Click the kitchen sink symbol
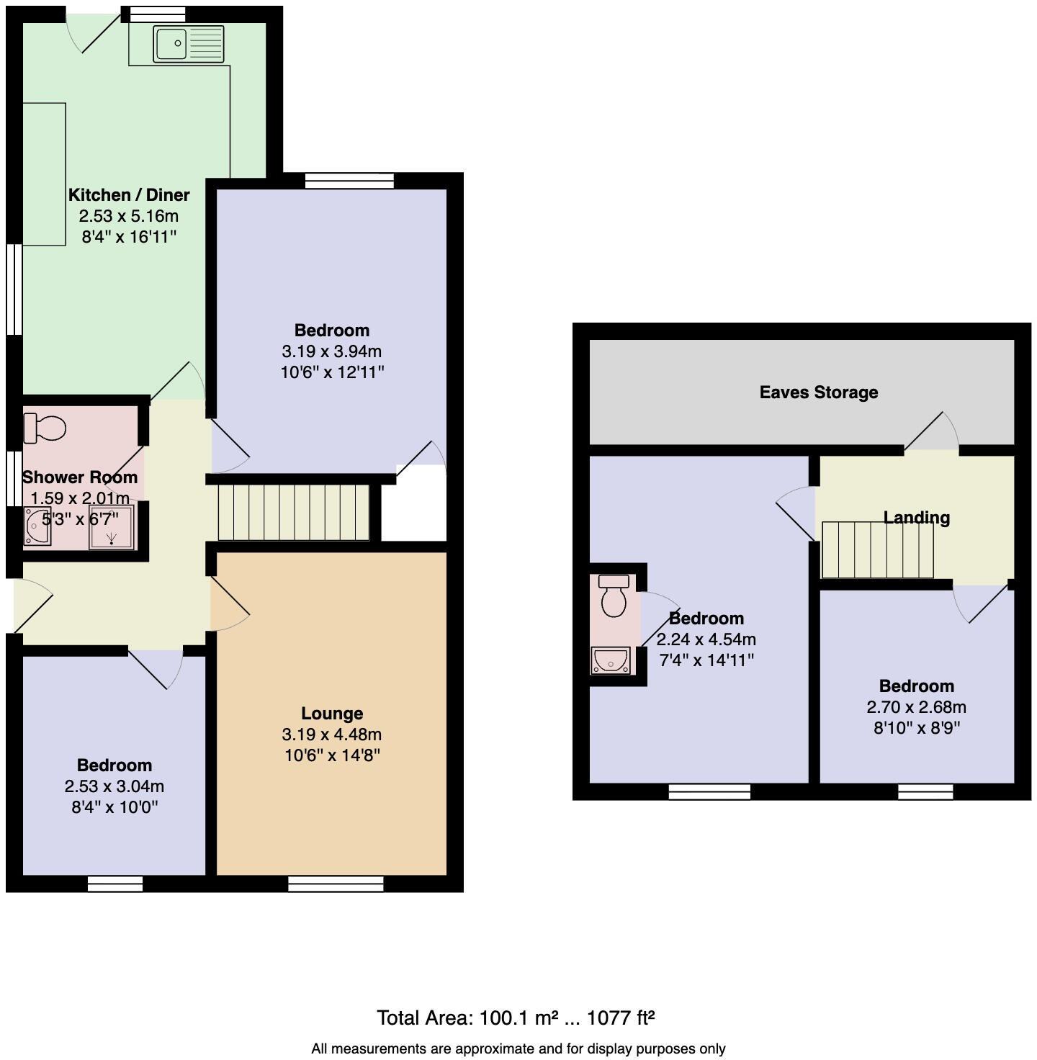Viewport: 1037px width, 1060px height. (x=189, y=43)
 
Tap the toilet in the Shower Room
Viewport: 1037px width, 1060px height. (x=45, y=428)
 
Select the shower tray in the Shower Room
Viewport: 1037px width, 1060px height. (x=112, y=527)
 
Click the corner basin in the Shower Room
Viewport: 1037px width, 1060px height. (x=37, y=526)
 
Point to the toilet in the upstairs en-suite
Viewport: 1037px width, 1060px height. (x=614, y=596)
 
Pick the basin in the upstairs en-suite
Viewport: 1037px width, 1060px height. (x=611, y=660)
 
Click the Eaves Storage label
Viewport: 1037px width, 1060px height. (x=819, y=392)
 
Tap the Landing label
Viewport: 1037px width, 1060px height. (x=916, y=517)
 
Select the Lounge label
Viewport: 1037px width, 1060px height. (x=332, y=713)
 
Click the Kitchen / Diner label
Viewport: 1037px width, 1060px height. (x=129, y=194)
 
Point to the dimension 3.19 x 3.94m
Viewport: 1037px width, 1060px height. (x=332, y=351)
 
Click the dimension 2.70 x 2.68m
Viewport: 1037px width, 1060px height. (x=916, y=706)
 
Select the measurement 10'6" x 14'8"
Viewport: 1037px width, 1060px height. (x=332, y=755)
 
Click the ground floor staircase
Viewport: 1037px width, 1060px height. (x=293, y=512)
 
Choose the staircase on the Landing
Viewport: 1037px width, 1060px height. (x=877, y=549)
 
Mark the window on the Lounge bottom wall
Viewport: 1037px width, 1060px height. (x=336, y=884)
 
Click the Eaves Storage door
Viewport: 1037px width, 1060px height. (x=931, y=434)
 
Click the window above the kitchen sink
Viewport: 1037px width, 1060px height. (x=153, y=14)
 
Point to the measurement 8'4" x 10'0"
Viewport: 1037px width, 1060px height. (x=115, y=807)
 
